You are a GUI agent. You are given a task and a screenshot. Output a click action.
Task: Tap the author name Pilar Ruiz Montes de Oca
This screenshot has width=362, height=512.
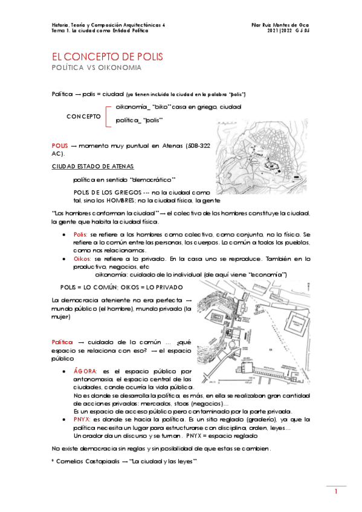(x=284, y=25)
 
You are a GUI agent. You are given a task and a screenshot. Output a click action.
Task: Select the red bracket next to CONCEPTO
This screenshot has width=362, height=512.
(x=108, y=115)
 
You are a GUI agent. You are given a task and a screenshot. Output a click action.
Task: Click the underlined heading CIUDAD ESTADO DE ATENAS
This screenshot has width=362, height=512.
(x=92, y=166)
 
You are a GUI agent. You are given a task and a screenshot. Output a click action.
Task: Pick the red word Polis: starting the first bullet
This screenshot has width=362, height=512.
(x=80, y=233)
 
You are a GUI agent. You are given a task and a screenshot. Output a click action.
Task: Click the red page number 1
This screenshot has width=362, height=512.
(x=335, y=493)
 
